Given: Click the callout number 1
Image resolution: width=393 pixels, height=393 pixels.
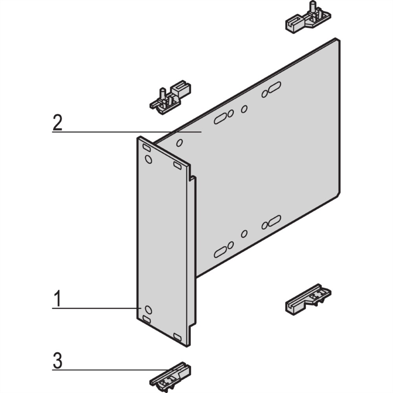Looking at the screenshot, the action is (x=58, y=298).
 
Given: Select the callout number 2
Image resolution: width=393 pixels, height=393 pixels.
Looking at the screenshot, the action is (x=57, y=122).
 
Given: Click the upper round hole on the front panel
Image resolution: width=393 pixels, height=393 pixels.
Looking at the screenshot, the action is (x=149, y=159).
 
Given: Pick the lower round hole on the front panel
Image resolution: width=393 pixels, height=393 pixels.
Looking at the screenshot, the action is (x=149, y=310).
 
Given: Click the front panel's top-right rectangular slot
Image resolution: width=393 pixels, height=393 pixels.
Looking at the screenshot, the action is (x=177, y=165).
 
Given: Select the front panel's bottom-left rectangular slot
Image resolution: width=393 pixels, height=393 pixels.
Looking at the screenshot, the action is (x=146, y=319).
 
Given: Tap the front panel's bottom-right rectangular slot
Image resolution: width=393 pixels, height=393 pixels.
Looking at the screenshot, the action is (x=177, y=337).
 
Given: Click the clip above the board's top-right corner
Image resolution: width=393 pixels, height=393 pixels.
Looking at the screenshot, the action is (x=309, y=20).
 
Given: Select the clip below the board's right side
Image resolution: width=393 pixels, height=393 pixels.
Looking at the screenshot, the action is (x=308, y=299).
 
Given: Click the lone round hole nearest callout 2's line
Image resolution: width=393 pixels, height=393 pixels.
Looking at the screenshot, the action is (x=179, y=143).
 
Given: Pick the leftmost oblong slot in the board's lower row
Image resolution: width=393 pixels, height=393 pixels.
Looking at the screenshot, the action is (x=220, y=252).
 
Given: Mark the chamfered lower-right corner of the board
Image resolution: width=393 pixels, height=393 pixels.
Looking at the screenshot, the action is (x=338, y=194).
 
